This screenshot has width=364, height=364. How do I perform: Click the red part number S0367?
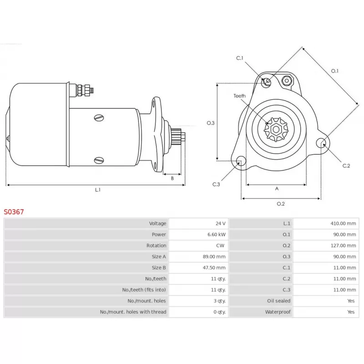[x=14, y=212]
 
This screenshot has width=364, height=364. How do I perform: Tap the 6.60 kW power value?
[x=217, y=234]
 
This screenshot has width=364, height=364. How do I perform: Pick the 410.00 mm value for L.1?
[x=343, y=223]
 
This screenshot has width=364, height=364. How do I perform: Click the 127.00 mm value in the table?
[x=343, y=245]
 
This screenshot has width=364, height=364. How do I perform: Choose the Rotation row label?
[x=156, y=245]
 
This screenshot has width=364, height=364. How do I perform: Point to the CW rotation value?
[x=220, y=245]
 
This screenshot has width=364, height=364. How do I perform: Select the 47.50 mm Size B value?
[x=214, y=268]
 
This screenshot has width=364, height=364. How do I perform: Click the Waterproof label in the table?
[x=278, y=312]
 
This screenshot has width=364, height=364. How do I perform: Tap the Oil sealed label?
[x=278, y=301]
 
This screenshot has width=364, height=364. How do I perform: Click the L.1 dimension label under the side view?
[x=98, y=190]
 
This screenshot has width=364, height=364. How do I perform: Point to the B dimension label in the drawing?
[x=172, y=178]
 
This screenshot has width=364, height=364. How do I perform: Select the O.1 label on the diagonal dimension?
[x=334, y=71]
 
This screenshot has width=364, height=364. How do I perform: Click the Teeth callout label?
[x=240, y=96]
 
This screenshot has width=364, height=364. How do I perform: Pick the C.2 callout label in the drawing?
[x=346, y=166]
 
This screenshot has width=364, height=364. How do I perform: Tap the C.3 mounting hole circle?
[x=241, y=161]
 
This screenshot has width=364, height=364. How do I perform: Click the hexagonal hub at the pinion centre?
[x=276, y=130]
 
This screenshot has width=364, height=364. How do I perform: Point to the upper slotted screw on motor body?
[x=99, y=118]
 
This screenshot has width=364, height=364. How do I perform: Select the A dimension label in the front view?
[x=277, y=189]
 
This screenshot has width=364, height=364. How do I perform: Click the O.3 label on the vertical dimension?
[x=211, y=123]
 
